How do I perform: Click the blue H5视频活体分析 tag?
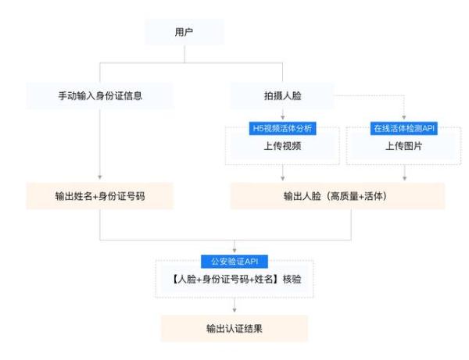pos(283,128)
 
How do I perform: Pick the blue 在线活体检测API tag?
pos(403,128)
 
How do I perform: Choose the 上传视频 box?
pos(283,146)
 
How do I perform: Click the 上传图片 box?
pos(403,146)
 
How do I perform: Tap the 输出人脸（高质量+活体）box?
pos(337,196)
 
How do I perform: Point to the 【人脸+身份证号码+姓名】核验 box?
pos(234,279)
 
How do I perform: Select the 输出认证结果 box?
pos(234,328)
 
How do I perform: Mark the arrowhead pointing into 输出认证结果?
pos(234,311)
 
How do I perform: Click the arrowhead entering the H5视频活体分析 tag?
pos(283,118)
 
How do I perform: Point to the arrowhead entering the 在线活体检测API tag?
pos(403,118)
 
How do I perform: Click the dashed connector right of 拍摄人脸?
pos(367,96)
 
